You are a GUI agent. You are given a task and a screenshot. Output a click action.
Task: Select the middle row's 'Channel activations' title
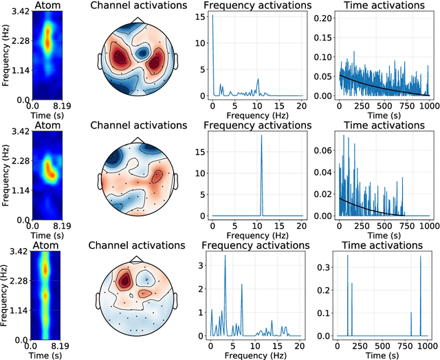coord(139,126)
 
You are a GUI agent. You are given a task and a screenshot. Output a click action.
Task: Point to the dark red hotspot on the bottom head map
coord(125,279)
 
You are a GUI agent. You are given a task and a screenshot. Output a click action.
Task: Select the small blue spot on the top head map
coord(144,52)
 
